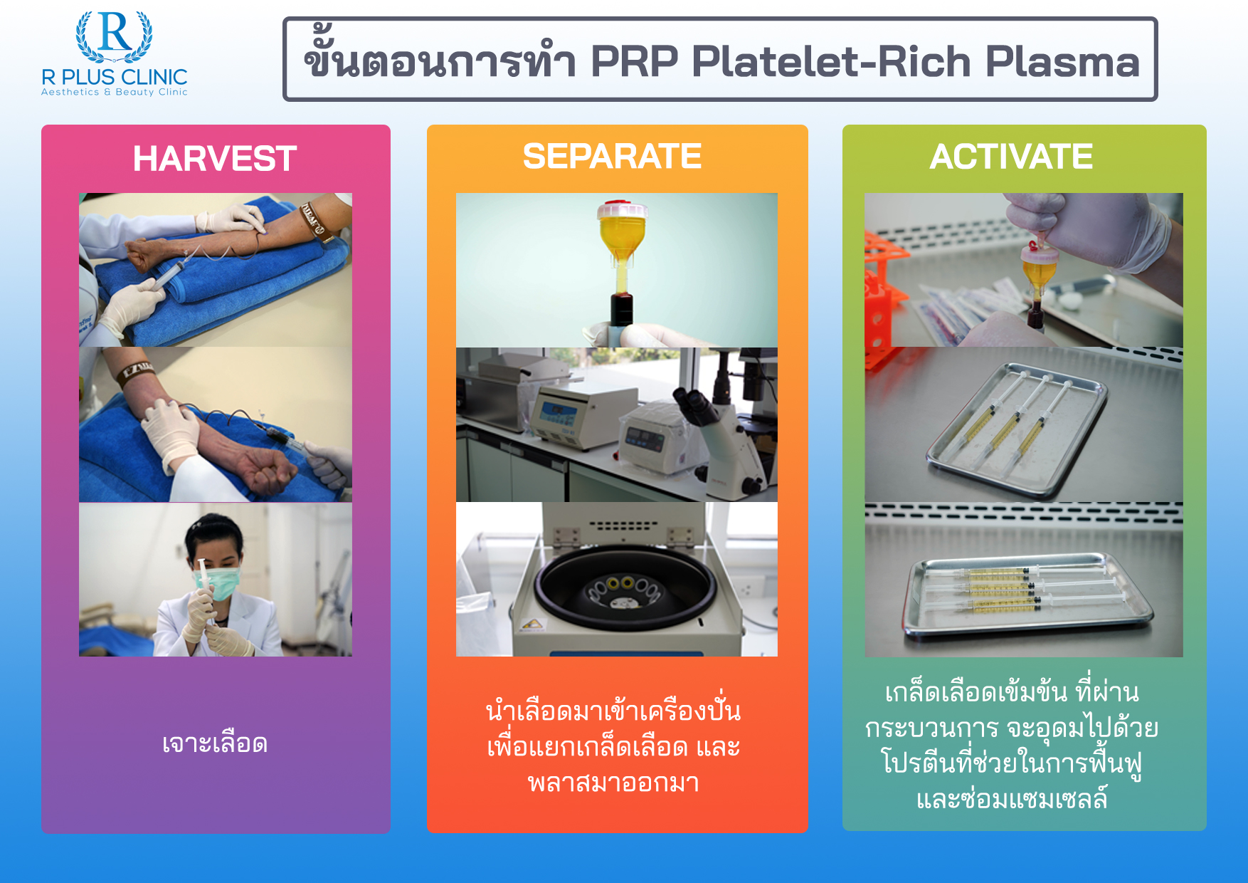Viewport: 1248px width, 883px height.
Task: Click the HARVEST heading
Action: [214, 158]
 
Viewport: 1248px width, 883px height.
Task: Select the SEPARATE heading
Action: [612, 156]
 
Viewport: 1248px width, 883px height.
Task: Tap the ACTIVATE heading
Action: [1010, 156]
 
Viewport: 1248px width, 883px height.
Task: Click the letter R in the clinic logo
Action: [115, 33]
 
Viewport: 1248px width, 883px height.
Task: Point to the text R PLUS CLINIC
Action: [115, 76]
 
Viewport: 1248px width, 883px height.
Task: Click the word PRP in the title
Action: [634, 61]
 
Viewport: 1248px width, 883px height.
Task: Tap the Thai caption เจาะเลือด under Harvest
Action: [215, 743]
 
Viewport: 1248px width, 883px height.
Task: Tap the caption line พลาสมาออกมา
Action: [613, 783]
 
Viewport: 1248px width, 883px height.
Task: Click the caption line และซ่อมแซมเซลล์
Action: [1011, 799]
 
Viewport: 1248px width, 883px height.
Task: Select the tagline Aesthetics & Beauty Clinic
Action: [115, 92]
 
